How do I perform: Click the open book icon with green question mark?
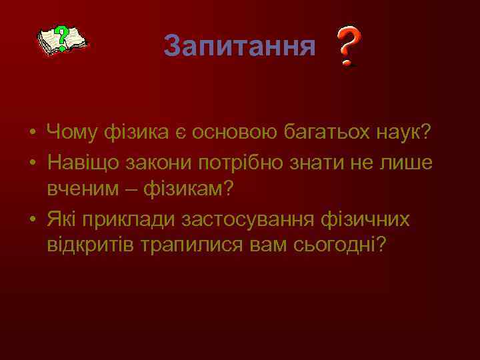click(x=61, y=41)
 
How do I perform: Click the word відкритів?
click(x=90, y=245)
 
